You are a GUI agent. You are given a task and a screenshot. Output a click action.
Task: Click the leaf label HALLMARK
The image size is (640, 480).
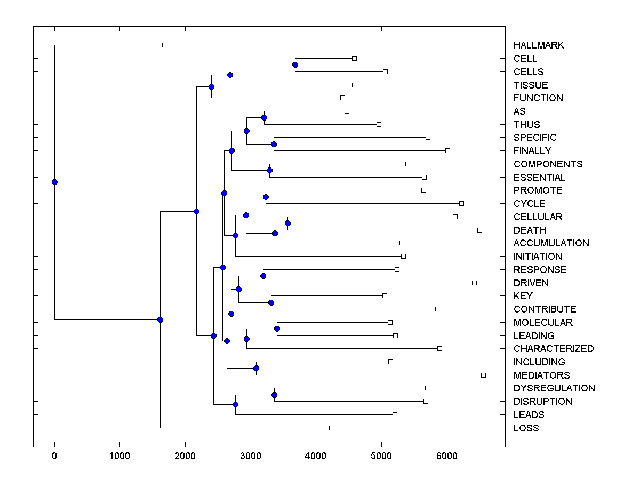click(539, 45)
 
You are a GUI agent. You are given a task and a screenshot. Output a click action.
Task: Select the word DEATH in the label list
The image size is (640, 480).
click(530, 230)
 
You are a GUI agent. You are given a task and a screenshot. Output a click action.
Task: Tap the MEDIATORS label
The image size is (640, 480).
click(541, 375)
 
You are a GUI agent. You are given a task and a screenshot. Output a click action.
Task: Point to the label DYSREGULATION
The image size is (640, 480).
click(554, 388)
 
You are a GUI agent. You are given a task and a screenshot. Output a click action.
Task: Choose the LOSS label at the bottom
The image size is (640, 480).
click(526, 428)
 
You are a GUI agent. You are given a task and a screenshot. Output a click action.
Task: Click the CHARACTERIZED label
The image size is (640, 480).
click(554, 349)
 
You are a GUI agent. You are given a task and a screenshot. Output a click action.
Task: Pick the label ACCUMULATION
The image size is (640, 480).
click(551, 243)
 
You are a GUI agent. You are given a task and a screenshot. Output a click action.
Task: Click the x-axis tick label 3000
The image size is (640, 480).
click(251, 456)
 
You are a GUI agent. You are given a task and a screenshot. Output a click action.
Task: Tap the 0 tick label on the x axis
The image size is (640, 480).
click(54, 456)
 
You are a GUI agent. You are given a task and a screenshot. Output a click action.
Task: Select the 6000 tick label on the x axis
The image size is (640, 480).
click(447, 456)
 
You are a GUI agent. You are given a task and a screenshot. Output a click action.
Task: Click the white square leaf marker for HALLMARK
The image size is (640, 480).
click(160, 45)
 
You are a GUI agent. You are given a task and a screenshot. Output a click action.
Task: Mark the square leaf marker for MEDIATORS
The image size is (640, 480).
click(483, 375)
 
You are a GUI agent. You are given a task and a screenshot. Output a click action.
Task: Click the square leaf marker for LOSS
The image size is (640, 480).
click(327, 428)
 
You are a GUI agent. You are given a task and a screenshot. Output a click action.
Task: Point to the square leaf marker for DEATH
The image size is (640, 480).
click(479, 230)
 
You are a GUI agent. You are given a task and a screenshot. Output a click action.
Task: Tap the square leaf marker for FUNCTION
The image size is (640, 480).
click(342, 98)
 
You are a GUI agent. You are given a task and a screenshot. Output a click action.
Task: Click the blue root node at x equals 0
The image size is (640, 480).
click(54, 182)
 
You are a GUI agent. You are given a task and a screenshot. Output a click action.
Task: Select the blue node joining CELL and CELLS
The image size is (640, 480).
click(295, 65)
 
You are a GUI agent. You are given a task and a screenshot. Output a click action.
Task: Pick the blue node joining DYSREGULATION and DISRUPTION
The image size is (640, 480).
click(274, 395)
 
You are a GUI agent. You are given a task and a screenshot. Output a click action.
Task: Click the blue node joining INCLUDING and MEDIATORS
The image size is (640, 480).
click(256, 368)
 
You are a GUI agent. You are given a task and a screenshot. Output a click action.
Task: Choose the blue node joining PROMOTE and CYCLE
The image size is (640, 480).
click(266, 197)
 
